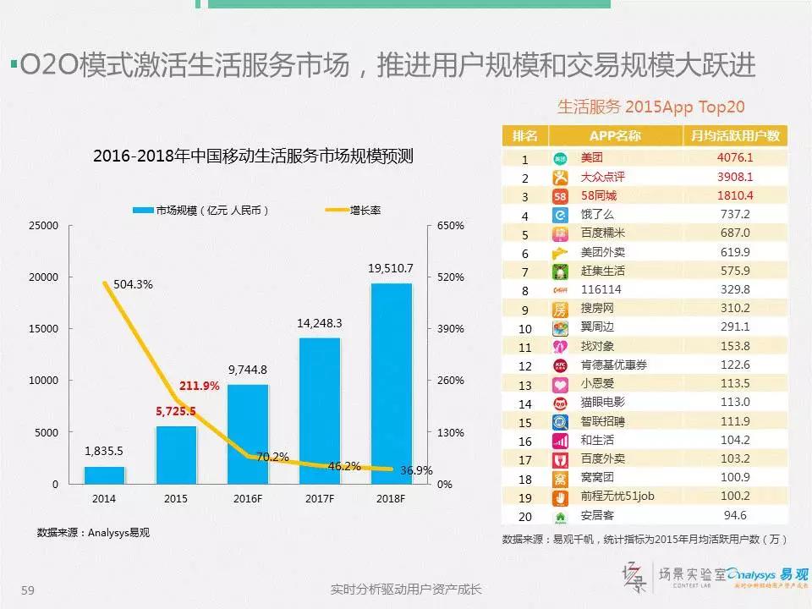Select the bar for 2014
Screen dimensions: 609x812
[x=104, y=475]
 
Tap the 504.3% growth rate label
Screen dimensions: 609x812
[x=133, y=285]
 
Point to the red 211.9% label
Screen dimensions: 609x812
[x=199, y=386]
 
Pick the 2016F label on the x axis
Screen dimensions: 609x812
[x=248, y=500]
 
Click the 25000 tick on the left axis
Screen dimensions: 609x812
[x=43, y=226]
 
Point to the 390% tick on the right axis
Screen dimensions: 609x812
[x=451, y=329]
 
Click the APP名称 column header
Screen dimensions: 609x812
[x=615, y=136]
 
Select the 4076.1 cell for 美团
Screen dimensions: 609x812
[x=734, y=157]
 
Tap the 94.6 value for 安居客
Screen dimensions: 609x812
[x=734, y=514]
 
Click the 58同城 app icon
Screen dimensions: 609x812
[x=560, y=195]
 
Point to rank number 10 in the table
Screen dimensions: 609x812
[x=524, y=328]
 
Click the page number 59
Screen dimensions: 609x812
[x=27, y=590]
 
